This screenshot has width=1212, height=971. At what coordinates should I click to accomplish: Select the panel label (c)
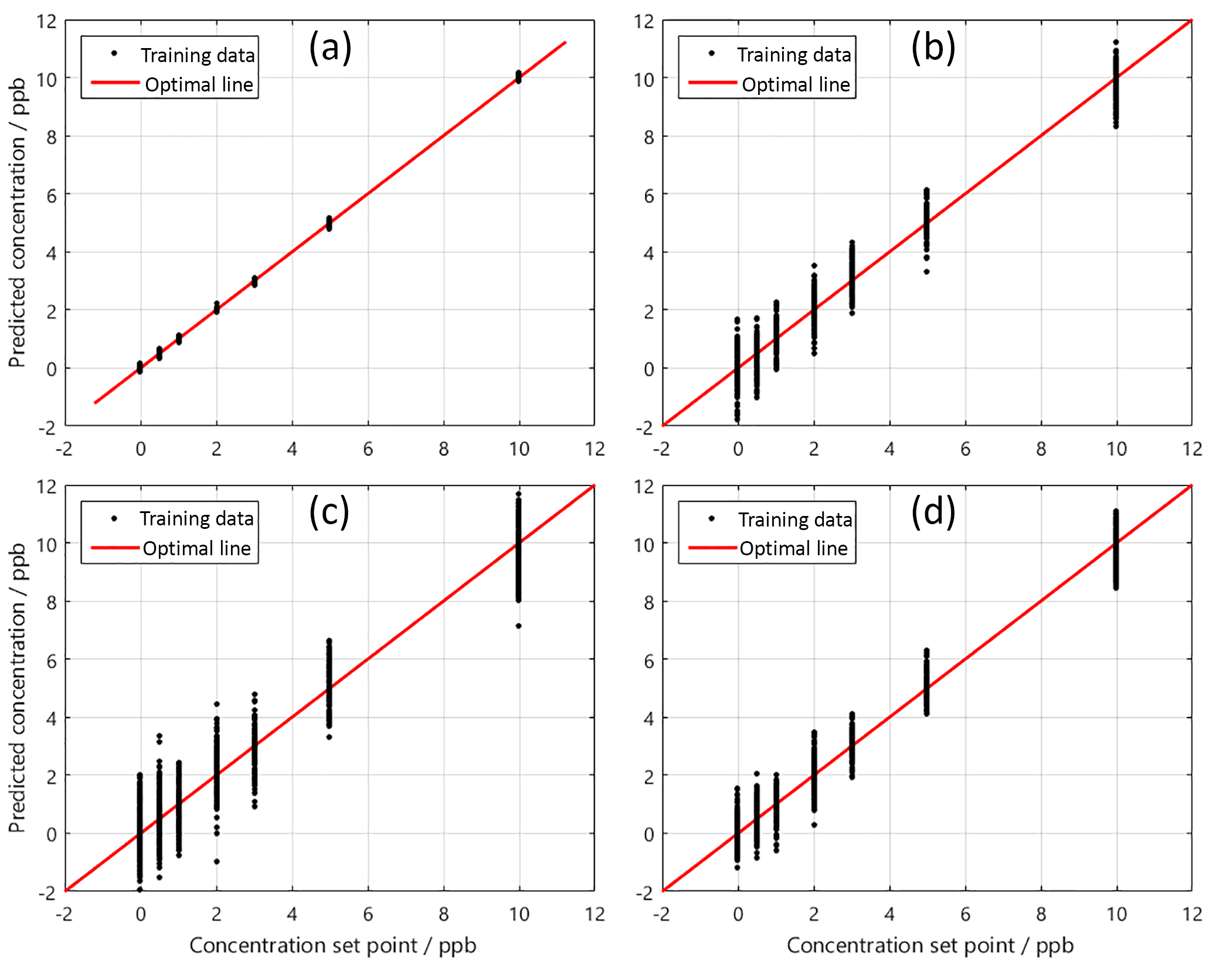coord(329,511)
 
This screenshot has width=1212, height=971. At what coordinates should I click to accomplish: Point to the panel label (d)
coord(933,511)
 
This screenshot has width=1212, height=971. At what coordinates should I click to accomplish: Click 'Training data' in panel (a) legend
coord(198,55)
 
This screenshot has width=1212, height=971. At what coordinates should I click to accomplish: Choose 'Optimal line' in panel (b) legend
coord(796,84)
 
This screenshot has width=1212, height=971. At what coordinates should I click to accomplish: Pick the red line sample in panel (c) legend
coord(115,548)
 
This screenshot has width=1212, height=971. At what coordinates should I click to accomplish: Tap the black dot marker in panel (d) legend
coord(712,518)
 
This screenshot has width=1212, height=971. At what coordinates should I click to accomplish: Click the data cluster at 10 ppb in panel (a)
coord(518,76)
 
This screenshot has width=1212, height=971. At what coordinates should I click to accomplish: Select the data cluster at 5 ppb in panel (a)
coord(329,223)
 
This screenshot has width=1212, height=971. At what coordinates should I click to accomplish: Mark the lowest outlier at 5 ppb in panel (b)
coord(926,271)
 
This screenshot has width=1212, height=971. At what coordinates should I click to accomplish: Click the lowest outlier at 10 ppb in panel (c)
coord(518,626)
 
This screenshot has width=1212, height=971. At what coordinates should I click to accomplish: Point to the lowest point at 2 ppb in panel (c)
coord(216,861)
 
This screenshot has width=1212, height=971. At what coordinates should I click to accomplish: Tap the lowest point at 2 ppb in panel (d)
coord(814,825)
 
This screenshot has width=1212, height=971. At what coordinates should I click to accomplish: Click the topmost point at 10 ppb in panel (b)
coord(1116,42)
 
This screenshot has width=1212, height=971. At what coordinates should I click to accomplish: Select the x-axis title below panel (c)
coord(332,945)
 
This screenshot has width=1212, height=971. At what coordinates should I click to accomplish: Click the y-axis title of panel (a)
coord(18,223)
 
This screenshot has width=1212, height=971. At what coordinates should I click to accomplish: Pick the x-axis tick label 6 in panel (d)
coord(965,914)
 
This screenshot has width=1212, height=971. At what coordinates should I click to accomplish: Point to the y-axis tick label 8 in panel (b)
coord(648,137)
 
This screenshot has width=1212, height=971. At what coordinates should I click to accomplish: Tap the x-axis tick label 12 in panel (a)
coord(595,449)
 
